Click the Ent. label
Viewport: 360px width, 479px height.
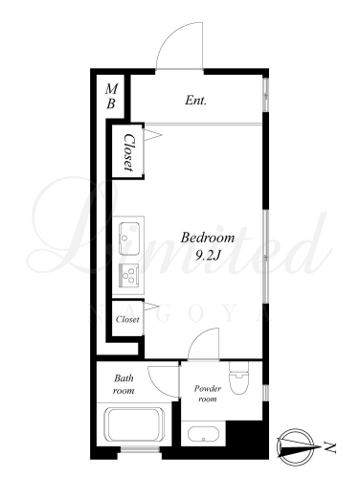pyautogui.click(x=195, y=101)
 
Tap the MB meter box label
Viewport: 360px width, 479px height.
pyautogui.click(x=111, y=96)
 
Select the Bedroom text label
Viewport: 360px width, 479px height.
pyautogui.click(x=208, y=238)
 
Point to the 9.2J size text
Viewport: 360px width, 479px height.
pyautogui.click(x=208, y=255)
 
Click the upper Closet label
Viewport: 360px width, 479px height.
pyautogui.click(x=128, y=152)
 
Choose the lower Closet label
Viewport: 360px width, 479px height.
pyautogui.click(x=127, y=319)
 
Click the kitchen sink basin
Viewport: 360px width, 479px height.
pyautogui.click(x=129, y=239)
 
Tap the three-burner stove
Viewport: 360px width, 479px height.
pyautogui.click(x=129, y=276)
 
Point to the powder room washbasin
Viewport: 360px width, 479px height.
pyautogui.click(x=203, y=434)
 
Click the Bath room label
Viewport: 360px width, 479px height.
pyautogui.click(x=124, y=384)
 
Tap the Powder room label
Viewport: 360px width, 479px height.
pyautogui.click(x=208, y=394)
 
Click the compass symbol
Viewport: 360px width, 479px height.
pyautogui.click(x=295, y=446)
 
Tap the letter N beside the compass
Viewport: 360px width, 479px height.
pyautogui.click(x=330, y=447)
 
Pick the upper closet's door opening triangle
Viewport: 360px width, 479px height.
pyautogui.click(x=152, y=135)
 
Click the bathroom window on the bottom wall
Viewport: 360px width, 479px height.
pyautogui.click(x=140, y=449)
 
